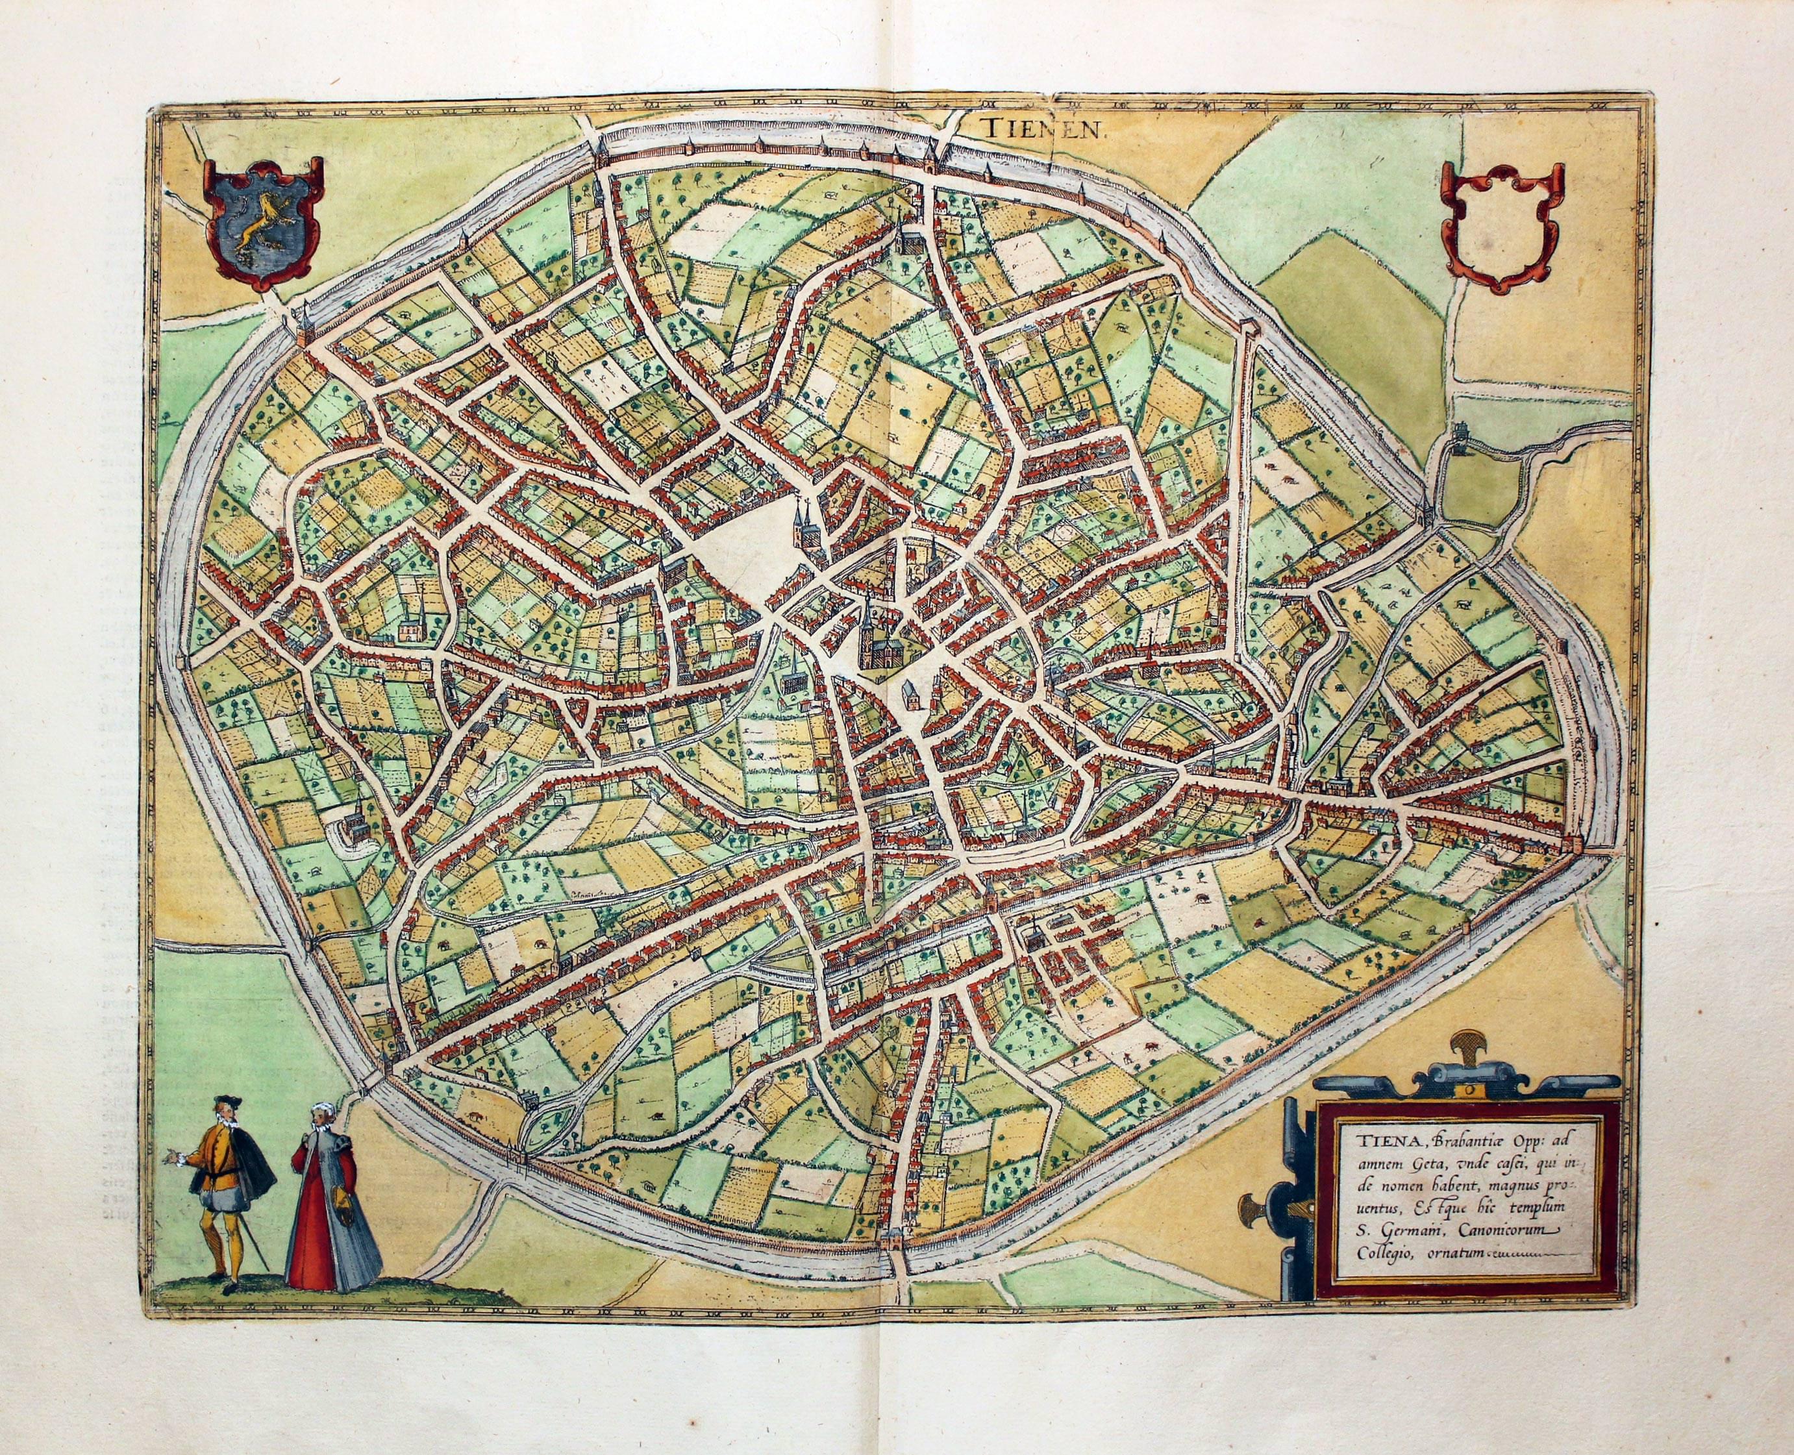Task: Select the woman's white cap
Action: click(x=319, y=1110)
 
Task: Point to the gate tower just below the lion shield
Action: click(x=299, y=329)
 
